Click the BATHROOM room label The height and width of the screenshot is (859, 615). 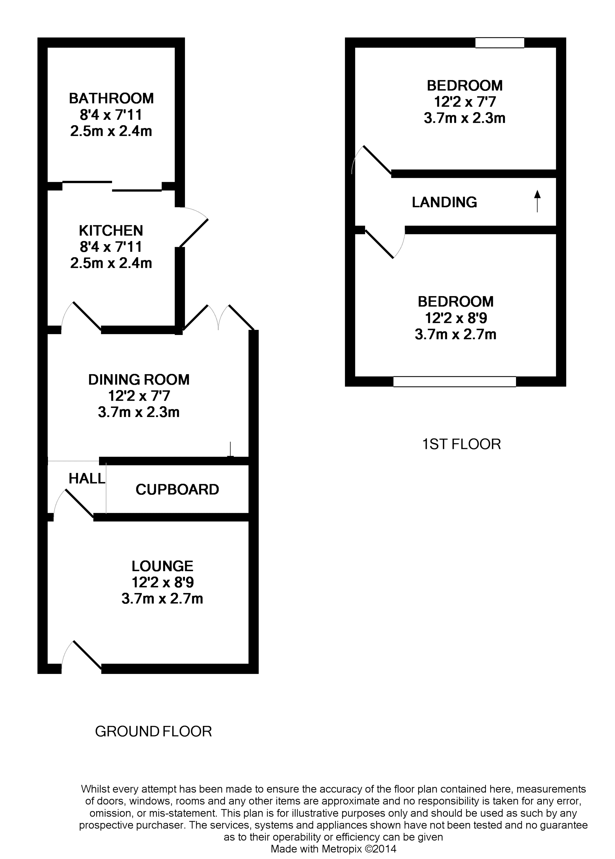pyautogui.click(x=111, y=98)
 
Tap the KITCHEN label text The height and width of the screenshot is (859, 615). pyautogui.click(x=111, y=231)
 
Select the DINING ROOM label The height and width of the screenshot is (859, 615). pyautogui.click(x=138, y=380)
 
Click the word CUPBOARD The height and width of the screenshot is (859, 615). pyautogui.click(x=177, y=490)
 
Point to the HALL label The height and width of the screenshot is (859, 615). pyautogui.click(x=87, y=479)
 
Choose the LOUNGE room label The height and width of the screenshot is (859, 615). pyautogui.click(x=162, y=566)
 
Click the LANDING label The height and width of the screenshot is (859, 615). pyautogui.click(x=444, y=202)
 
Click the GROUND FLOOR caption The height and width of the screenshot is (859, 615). pyautogui.click(x=153, y=731)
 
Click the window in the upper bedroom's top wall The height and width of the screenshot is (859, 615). pyautogui.click(x=500, y=43)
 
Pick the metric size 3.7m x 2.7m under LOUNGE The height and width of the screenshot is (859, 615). pyautogui.click(x=162, y=599)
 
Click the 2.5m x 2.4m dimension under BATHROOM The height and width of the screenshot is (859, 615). pyautogui.click(x=111, y=131)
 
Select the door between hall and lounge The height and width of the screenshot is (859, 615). pyautogui.click(x=79, y=504)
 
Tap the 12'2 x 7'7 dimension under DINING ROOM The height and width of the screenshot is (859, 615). pyautogui.click(x=138, y=396)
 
